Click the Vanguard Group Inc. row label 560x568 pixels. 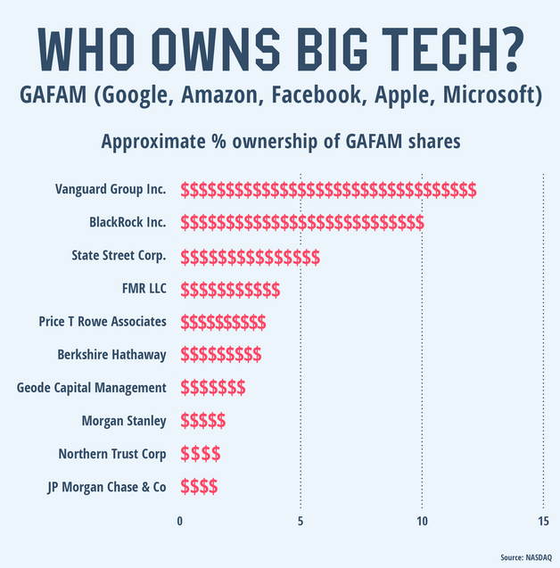(x=111, y=190)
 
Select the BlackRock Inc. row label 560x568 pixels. (x=128, y=223)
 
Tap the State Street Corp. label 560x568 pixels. (x=119, y=256)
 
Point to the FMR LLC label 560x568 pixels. (x=144, y=289)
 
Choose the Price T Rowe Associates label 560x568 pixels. (x=103, y=322)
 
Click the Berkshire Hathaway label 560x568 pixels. (x=111, y=355)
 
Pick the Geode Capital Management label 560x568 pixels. (x=92, y=388)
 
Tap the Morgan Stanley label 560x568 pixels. (x=123, y=421)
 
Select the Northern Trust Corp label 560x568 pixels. (x=112, y=454)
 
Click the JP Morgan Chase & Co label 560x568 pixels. (x=106, y=487)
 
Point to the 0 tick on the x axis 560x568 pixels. (x=181, y=521)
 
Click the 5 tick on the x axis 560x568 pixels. (x=301, y=521)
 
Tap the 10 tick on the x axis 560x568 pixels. (x=423, y=521)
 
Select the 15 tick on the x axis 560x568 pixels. (x=543, y=521)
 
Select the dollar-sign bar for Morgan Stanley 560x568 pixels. (x=203, y=421)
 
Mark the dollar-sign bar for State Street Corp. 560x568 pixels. (x=251, y=257)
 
